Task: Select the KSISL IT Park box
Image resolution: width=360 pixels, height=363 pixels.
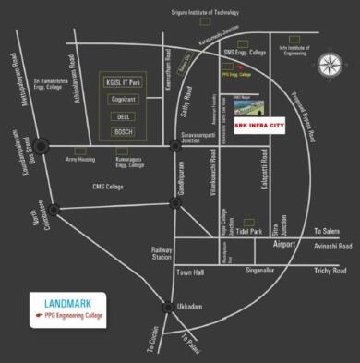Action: click(x=123, y=82)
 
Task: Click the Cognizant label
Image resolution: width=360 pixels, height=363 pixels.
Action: click(x=123, y=99)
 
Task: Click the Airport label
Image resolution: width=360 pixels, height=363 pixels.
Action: click(x=284, y=244)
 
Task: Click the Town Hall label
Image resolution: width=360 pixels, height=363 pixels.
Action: click(x=191, y=273)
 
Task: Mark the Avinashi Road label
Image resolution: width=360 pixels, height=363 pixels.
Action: click(x=333, y=247)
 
